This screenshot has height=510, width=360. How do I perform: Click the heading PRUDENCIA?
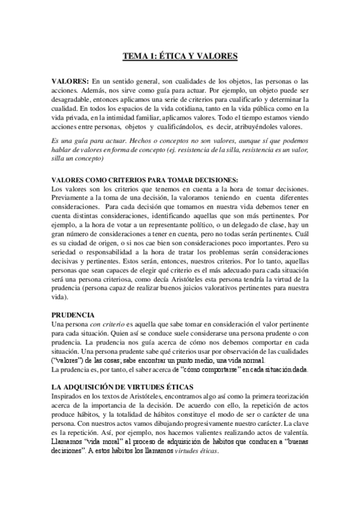tap(73, 315)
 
